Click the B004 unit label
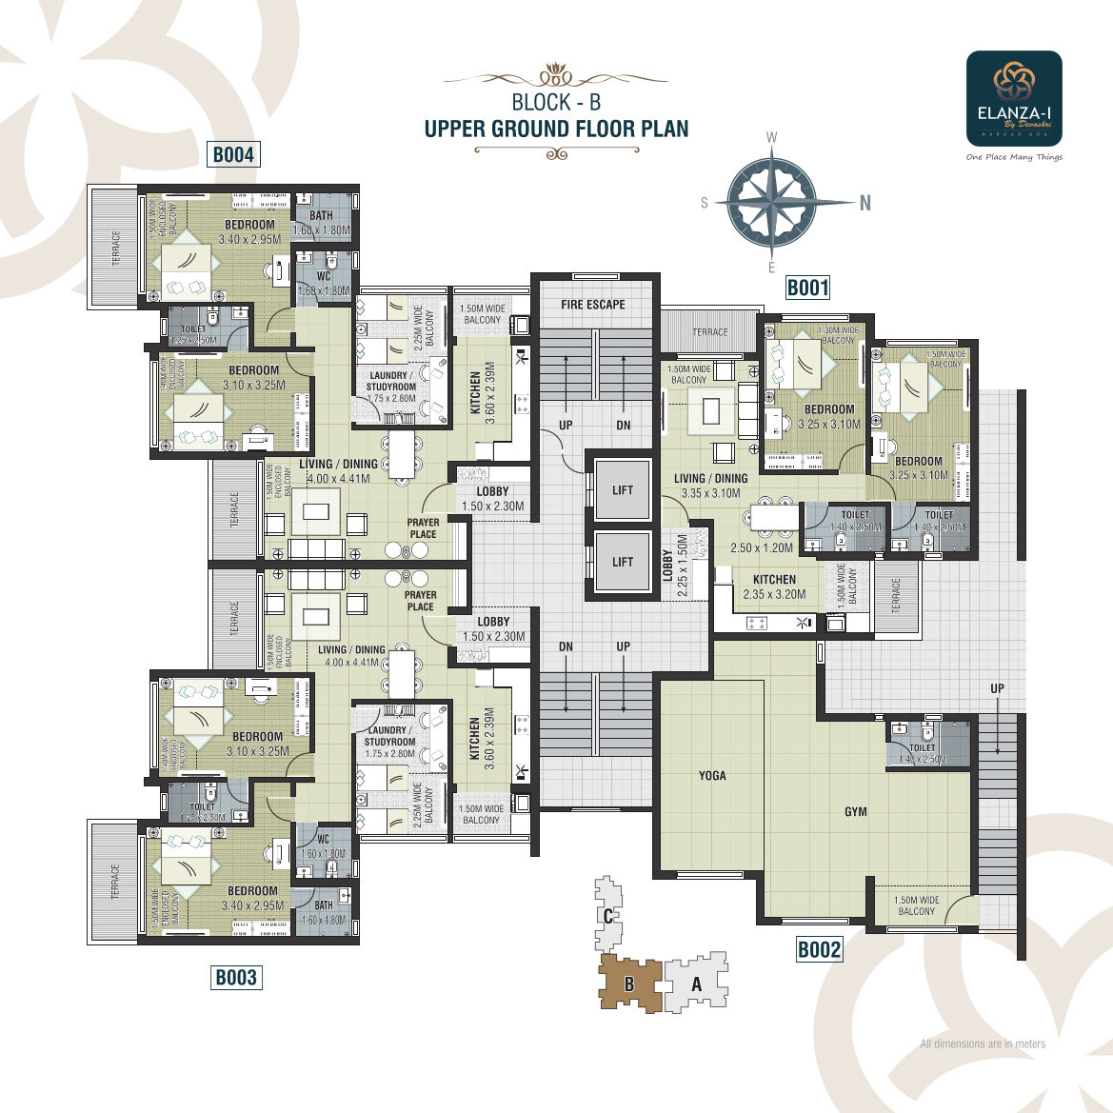(233, 154)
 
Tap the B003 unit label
(236, 977)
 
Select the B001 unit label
(807, 288)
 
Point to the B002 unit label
(819, 949)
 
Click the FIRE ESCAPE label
(593, 305)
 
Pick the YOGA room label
(712, 776)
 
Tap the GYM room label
(856, 811)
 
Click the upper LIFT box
(623, 490)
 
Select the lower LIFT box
(623, 562)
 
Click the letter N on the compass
(865, 202)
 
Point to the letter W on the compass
(772, 138)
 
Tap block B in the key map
(629, 984)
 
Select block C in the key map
(607, 917)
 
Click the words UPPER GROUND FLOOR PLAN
(556, 129)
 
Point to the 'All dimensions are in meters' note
(983, 1043)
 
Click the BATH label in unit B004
(321, 216)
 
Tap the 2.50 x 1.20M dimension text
(761, 548)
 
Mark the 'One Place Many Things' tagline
(1014, 157)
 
